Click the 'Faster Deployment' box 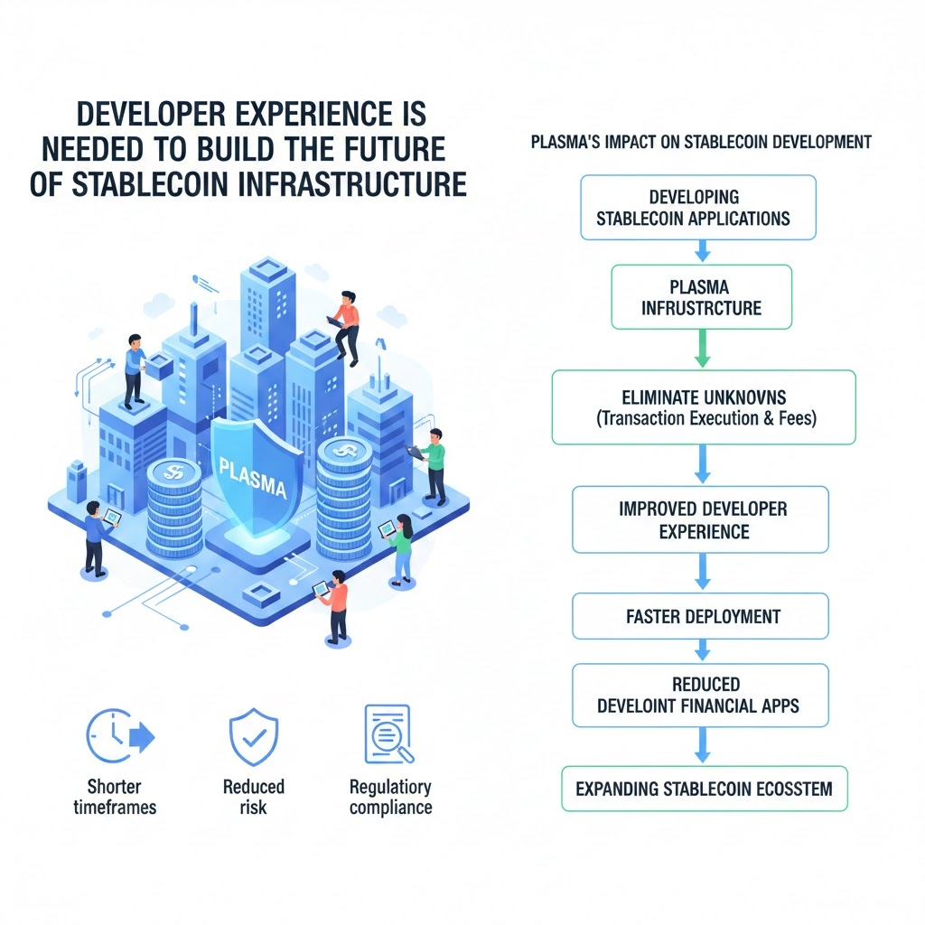coord(701,617)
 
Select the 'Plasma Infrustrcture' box coord(701,297)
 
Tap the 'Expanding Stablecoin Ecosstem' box coord(704,789)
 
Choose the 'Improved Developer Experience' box coord(701,519)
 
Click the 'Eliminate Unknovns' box coord(703,406)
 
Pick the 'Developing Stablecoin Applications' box coord(697,208)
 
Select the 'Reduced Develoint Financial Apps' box coord(701,696)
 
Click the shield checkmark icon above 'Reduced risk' coord(253,737)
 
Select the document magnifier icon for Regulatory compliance coord(387,733)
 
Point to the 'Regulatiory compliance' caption coord(390,797)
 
